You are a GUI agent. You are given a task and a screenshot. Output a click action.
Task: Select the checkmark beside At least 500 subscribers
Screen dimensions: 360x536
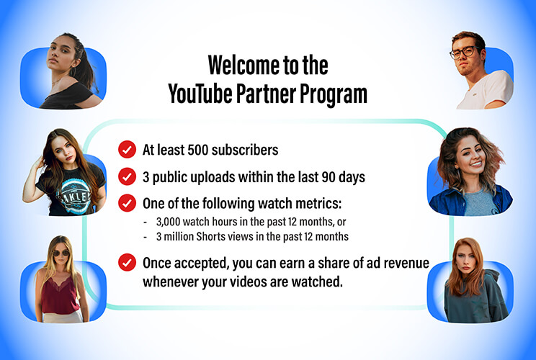click(x=128, y=150)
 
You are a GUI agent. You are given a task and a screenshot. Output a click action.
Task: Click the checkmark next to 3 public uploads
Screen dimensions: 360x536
click(x=128, y=176)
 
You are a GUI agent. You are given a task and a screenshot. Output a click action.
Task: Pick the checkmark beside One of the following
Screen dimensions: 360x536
click(x=128, y=202)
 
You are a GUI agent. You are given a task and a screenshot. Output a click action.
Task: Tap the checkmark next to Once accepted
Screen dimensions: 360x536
click(x=128, y=262)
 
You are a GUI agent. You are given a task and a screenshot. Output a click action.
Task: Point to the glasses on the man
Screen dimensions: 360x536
click(x=465, y=52)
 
